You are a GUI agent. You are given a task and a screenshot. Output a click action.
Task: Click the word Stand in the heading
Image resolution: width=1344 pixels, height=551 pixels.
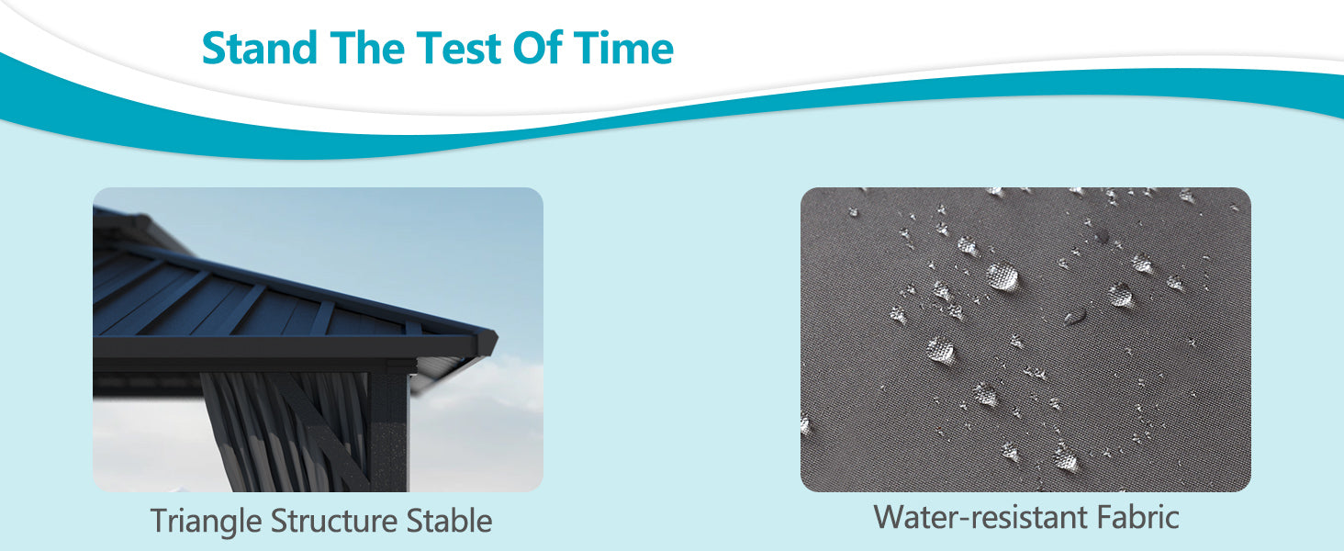(x=259, y=48)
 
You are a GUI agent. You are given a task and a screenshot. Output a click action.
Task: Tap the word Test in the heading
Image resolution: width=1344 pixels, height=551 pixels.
(x=459, y=48)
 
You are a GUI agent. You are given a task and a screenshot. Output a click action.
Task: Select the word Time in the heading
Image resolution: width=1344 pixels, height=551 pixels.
(x=623, y=48)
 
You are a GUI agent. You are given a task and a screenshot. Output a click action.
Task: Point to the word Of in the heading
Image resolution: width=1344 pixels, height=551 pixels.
(x=538, y=48)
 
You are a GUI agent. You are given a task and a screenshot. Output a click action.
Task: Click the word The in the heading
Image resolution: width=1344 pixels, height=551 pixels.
(x=367, y=48)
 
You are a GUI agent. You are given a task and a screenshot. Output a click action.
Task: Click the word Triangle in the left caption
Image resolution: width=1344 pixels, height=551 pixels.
(x=206, y=521)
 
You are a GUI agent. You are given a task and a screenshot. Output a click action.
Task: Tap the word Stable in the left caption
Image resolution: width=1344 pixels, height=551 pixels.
(x=450, y=520)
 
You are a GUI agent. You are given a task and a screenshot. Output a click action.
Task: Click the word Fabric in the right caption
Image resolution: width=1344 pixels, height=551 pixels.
(x=1138, y=517)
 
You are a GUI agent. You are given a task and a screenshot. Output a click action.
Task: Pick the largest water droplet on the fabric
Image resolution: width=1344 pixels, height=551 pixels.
(x=1002, y=276)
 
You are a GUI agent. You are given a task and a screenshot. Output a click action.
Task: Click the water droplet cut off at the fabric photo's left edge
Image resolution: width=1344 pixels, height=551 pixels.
(x=804, y=425)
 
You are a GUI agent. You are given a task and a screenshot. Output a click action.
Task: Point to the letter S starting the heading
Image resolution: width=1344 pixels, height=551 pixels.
(x=215, y=48)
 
